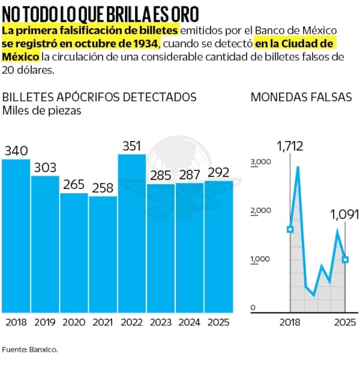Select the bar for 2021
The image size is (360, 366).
click(x=103, y=254)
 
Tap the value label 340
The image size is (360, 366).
click(x=16, y=151)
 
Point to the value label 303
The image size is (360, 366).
click(x=45, y=168)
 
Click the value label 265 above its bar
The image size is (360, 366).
click(x=74, y=184)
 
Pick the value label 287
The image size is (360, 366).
click(x=189, y=175)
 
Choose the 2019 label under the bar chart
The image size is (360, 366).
click(x=45, y=322)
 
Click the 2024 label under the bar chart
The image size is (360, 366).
click(x=189, y=322)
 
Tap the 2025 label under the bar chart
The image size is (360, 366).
click(x=218, y=322)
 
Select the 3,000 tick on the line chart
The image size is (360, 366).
click(x=260, y=162)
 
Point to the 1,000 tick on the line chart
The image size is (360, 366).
click(x=260, y=259)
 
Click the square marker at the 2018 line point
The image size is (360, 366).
click(x=290, y=229)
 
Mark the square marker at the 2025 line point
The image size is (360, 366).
click(x=345, y=259)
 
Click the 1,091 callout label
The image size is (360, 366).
click(x=344, y=214)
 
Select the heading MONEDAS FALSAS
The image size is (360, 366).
click(x=301, y=97)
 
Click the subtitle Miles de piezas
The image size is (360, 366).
click(x=41, y=110)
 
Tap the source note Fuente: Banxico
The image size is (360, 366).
click(x=30, y=349)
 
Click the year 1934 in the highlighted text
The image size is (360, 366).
click(x=145, y=44)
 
